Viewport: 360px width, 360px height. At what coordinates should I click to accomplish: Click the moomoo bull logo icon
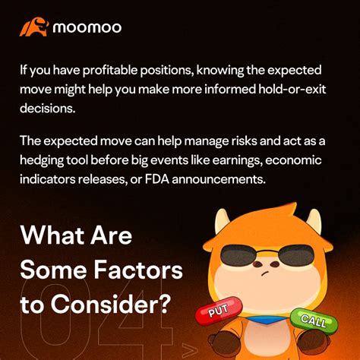point(33,27)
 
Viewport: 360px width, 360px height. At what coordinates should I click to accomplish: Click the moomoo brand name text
point(87,27)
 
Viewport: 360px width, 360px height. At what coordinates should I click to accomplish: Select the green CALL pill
point(314,321)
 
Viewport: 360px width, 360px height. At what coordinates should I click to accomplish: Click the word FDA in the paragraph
point(157,179)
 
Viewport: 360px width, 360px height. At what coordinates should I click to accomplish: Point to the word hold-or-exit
point(292,89)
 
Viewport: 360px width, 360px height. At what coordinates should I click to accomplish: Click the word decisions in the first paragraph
point(48,109)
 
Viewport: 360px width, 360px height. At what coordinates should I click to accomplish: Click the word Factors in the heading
point(138,270)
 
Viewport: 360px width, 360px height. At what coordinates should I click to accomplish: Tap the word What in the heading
point(52,235)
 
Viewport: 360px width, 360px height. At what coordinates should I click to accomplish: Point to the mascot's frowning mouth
point(265,273)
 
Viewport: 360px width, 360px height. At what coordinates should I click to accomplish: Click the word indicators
point(47,179)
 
